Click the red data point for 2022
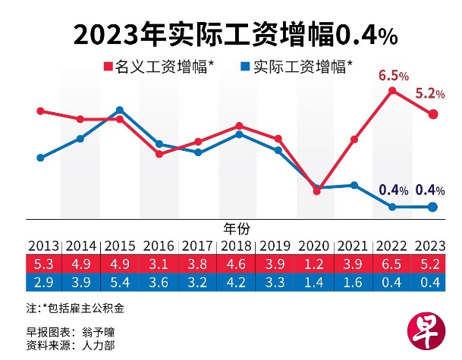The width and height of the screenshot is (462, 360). coord(393,91)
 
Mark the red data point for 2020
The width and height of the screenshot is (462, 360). coord(316,191)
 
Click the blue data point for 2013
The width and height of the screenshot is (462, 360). coord(41,158)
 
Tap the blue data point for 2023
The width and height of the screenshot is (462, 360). coord(432,207)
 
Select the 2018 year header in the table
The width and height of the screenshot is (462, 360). coord(238,246)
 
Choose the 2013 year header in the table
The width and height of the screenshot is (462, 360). coord(43,246)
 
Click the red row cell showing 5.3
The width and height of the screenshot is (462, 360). coord(43,263)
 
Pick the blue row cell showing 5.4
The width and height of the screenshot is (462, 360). coord(121,281)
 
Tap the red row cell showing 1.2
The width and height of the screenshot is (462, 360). coord(316,263)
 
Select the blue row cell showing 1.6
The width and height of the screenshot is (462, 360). coord(354,281)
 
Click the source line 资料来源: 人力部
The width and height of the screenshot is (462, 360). coord(69,345)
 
